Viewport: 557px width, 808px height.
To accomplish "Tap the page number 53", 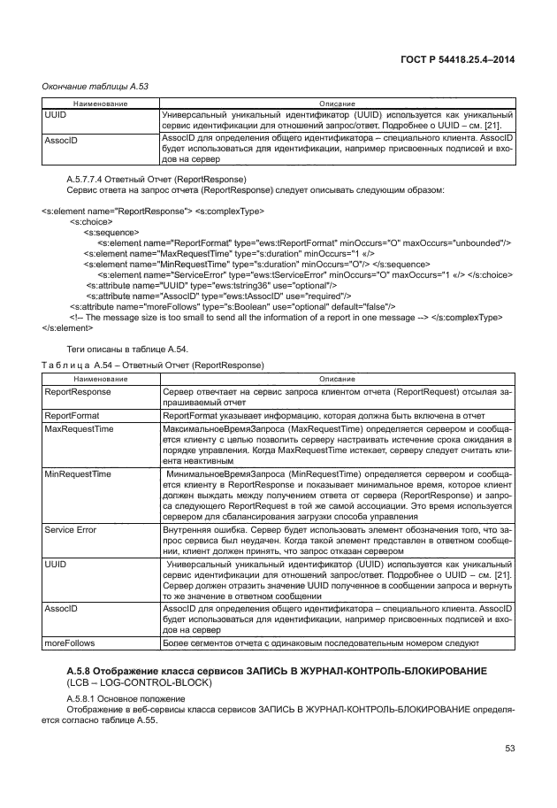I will tap(509, 749).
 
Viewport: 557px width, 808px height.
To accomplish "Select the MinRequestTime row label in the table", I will tap(77, 474).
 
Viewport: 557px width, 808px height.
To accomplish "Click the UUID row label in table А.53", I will tap(55, 115).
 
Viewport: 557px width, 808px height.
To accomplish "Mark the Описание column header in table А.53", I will tap(336, 104).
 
